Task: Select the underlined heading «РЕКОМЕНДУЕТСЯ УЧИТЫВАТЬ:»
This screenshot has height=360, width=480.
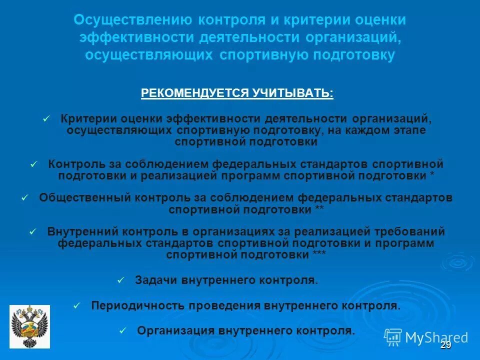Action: (x=237, y=93)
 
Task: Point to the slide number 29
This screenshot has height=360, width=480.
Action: (x=445, y=345)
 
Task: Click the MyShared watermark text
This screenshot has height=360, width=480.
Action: (x=436, y=337)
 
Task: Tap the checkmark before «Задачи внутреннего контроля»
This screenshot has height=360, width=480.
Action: (x=120, y=280)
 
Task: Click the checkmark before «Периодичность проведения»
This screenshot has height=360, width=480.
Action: (x=76, y=305)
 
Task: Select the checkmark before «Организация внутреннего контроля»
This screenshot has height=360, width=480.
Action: (x=123, y=330)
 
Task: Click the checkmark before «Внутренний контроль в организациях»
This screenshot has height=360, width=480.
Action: (x=33, y=231)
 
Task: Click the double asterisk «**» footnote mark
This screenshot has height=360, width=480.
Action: (x=319, y=209)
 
